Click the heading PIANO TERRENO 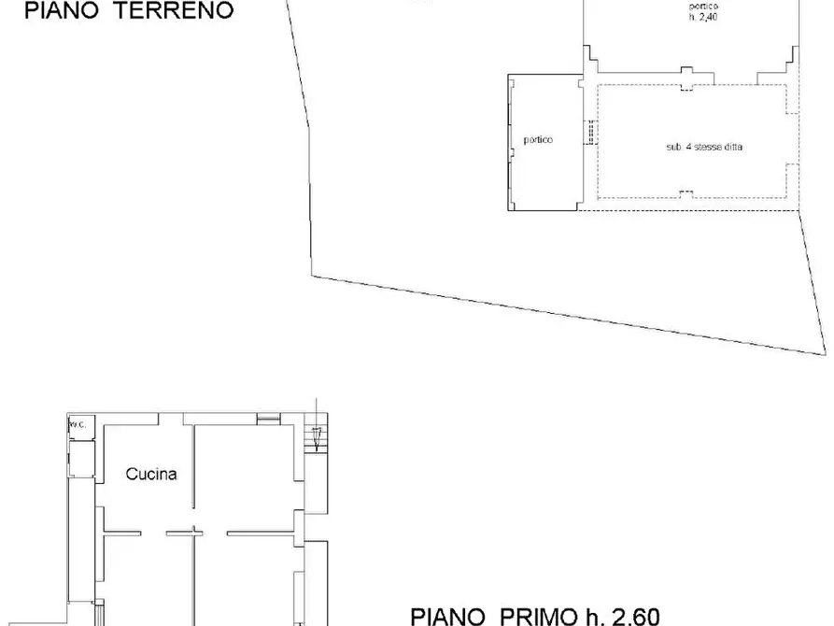pos(129,11)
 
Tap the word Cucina pos(151,474)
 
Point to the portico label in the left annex pos(538,140)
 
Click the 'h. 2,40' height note pos(702,18)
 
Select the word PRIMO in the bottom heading pos(531,616)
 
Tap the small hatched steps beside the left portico pos(589,133)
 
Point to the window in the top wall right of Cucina pos(269,416)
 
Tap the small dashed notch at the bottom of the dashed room pos(686,193)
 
